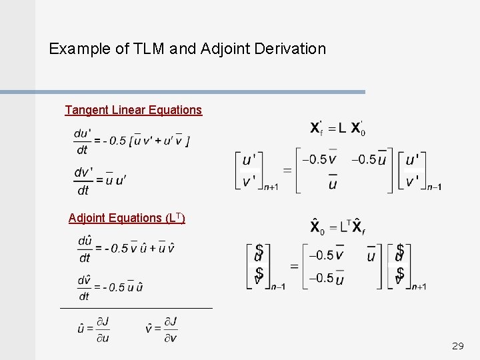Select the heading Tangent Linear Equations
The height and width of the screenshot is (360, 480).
133,110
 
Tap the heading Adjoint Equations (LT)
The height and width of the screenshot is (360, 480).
127,218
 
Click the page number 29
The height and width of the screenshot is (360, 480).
457,346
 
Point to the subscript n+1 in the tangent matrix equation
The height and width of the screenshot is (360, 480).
271,187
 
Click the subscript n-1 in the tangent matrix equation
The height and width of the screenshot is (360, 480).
434,187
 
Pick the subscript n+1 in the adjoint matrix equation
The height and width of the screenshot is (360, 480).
419,287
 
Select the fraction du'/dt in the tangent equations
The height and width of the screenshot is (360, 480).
83,141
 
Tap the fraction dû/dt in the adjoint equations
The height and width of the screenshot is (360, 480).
85,249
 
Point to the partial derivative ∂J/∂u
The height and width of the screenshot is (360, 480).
102,329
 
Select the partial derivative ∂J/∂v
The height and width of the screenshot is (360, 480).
170,329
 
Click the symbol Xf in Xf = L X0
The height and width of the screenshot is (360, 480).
317,128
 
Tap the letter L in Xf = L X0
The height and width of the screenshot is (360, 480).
341,128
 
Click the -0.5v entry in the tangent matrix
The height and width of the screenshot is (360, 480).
319,159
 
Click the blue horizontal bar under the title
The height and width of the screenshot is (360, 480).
183,92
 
